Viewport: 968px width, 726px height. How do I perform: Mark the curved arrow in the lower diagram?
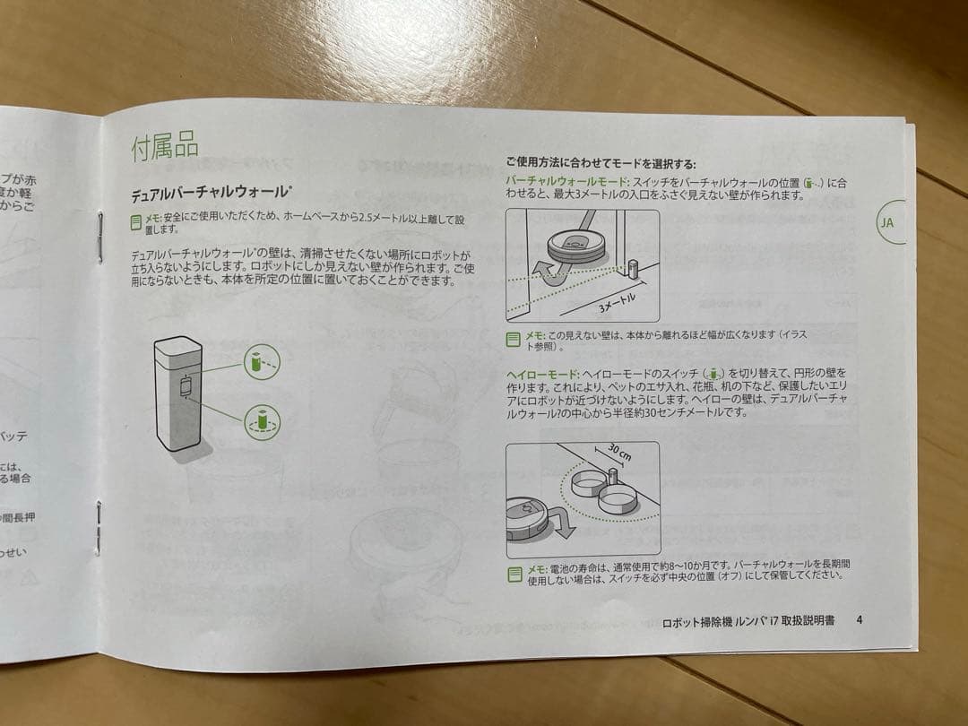click(561, 524)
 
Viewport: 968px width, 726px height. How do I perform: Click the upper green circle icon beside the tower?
click(261, 363)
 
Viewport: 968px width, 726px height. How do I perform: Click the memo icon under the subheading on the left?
click(135, 220)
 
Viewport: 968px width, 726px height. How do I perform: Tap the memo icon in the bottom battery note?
click(514, 572)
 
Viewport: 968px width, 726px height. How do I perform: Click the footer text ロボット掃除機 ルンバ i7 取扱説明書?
click(748, 620)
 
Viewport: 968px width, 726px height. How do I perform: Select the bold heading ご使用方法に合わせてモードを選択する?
click(600, 164)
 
